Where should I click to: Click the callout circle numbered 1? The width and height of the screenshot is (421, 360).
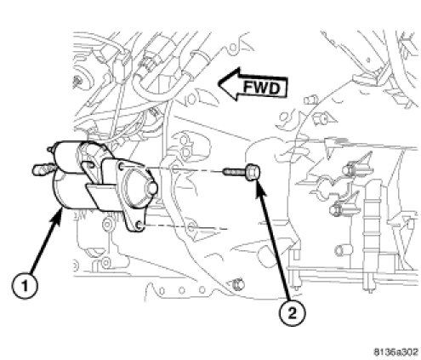(x=25, y=285)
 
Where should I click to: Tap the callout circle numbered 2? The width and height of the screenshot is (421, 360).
(x=293, y=312)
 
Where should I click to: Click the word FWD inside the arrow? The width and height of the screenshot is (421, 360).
(x=261, y=88)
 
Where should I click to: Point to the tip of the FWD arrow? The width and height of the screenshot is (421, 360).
(x=219, y=83)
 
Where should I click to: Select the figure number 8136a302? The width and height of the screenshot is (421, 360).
(x=396, y=352)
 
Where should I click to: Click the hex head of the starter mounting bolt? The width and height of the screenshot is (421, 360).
(x=253, y=172)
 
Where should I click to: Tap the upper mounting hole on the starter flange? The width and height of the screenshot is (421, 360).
(x=122, y=168)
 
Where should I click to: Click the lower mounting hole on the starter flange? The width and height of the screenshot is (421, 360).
(x=139, y=226)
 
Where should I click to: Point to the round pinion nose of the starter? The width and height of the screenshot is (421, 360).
(x=151, y=188)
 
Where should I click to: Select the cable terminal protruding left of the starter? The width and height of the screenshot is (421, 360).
(x=41, y=169)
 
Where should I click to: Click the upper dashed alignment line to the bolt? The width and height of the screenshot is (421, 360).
(x=185, y=170)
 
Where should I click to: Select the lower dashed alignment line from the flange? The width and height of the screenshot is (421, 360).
(x=185, y=227)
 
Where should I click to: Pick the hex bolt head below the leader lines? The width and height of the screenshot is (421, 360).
(x=237, y=284)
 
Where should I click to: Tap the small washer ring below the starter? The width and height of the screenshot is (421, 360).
(x=107, y=225)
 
